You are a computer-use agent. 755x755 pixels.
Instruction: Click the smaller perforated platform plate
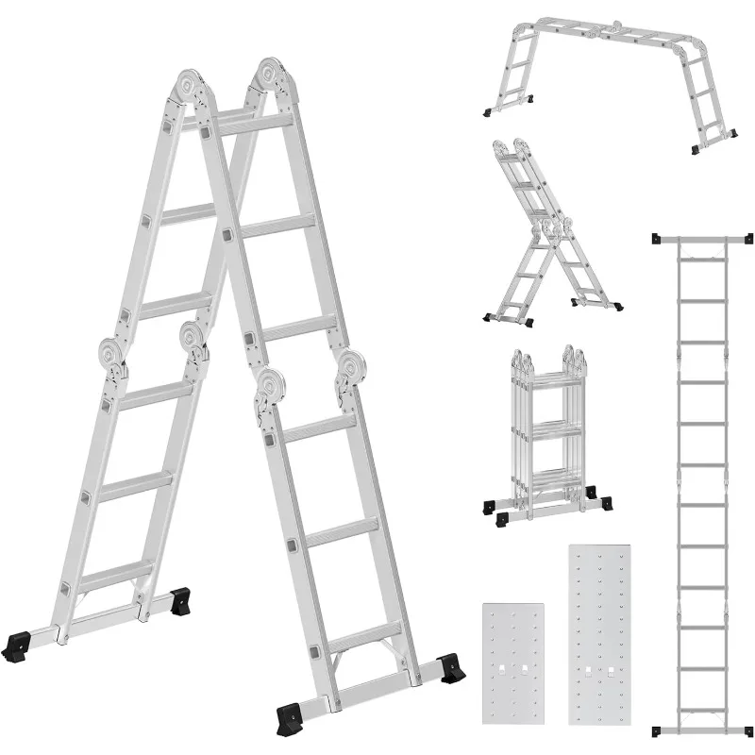coord(513,664)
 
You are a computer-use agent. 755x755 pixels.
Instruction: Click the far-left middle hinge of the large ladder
coord(113,357)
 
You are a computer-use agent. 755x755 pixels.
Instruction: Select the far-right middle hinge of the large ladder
coord(351,371)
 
